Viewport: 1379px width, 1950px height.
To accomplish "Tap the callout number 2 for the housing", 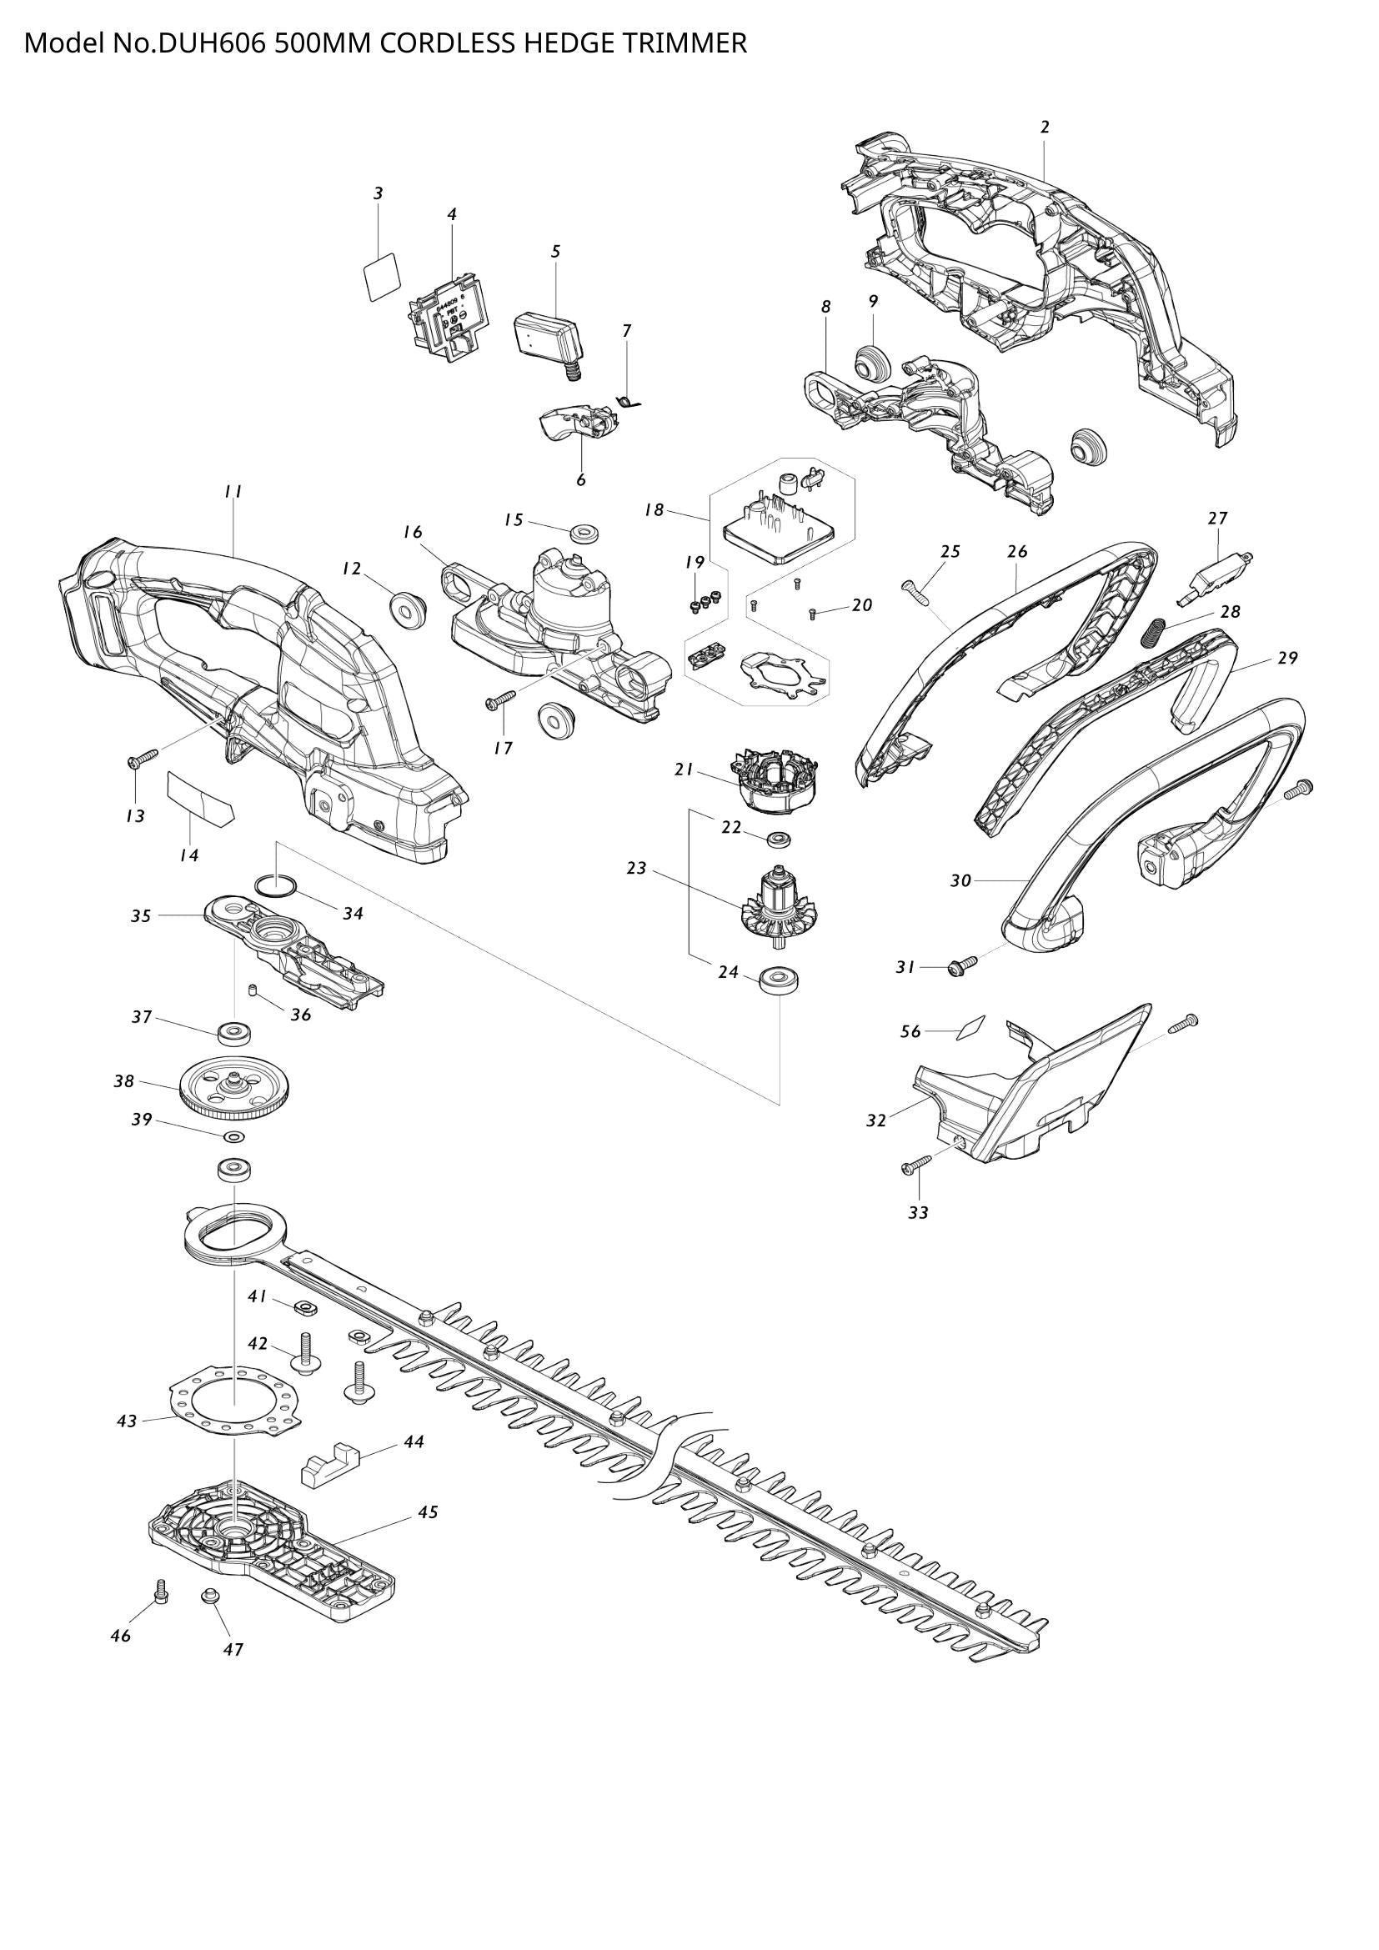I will [1045, 128].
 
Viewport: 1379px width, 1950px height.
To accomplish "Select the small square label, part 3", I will [379, 274].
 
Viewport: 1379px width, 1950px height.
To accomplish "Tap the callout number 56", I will [910, 1031].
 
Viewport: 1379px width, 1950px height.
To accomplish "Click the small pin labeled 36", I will [252, 990].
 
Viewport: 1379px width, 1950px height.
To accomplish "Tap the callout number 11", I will [233, 492].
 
